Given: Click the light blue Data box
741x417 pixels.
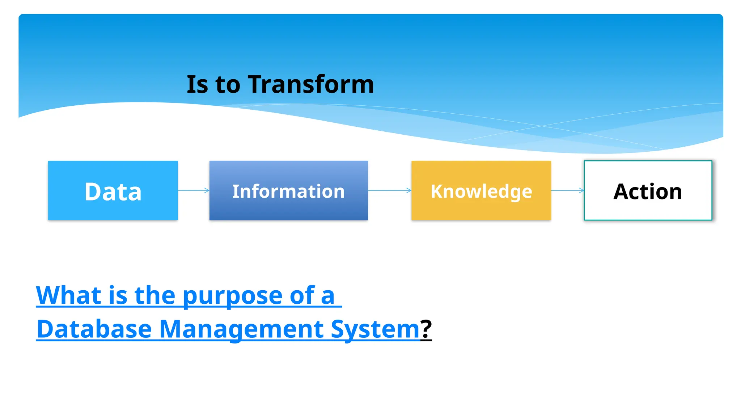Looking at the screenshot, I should pyautogui.click(x=113, y=190).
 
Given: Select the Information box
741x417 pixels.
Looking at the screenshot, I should pyautogui.click(x=288, y=190).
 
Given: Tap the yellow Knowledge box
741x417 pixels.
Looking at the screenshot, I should pyautogui.click(x=481, y=190).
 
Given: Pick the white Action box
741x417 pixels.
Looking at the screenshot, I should pyautogui.click(x=648, y=190).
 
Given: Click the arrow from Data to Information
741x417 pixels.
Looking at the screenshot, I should pyautogui.click(x=193, y=190).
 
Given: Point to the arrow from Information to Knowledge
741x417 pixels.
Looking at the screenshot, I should pyautogui.click(x=389, y=190).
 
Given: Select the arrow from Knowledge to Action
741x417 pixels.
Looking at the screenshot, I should pyautogui.click(x=567, y=190).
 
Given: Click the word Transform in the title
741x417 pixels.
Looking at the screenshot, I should pyautogui.click(x=311, y=84).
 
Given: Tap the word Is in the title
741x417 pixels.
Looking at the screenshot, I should pyautogui.click(x=197, y=84).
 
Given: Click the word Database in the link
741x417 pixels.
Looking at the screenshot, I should pyautogui.click(x=94, y=329).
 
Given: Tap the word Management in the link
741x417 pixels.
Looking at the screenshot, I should pyautogui.click(x=241, y=329).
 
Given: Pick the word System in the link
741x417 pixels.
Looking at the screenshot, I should pyautogui.click(x=375, y=329).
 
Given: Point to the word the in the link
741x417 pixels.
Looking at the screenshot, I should pyautogui.click(x=155, y=295).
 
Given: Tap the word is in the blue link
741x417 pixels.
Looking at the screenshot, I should pyautogui.click(x=118, y=295).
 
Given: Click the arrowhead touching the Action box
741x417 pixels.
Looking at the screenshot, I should pyautogui.click(x=581, y=190).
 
